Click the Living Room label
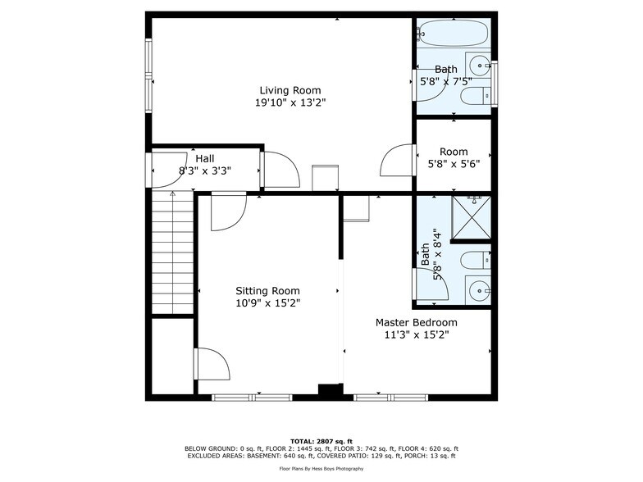click(x=290, y=90)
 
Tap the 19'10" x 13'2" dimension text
click(x=290, y=103)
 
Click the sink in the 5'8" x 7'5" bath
click(x=479, y=64)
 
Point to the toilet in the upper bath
click(x=474, y=98)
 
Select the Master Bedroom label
click(x=417, y=322)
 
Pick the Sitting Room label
click(x=267, y=290)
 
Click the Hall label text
click(x=205, y=158)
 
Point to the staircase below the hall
click(x=172, y=254)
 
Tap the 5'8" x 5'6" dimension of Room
click(x=454, y=163)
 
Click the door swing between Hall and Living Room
click(x=280, y=171)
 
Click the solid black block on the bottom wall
click(x=330, y=392)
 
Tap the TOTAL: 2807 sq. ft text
click(x=321, y=442)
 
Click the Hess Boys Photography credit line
click(x=321, y=468)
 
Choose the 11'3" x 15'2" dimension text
click(x=417, y=334)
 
